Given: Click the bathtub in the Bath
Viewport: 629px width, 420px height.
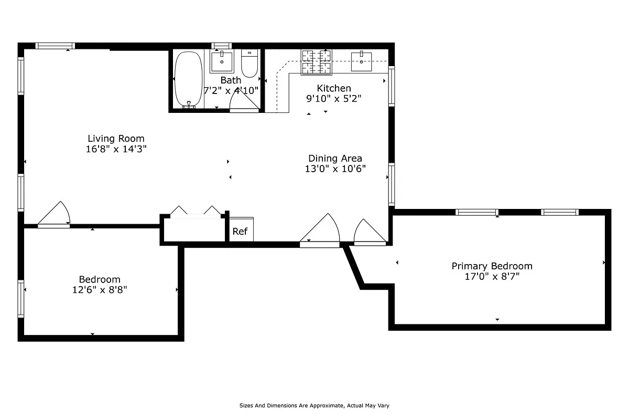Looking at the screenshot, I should [188, 79].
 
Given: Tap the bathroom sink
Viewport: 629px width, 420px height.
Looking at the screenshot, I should [222, 61].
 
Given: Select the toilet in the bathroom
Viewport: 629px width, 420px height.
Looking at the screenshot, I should [249, 63].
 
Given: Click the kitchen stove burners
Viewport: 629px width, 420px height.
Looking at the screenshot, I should [317, 61].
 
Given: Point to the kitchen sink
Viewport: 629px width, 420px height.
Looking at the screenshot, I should [362, 61].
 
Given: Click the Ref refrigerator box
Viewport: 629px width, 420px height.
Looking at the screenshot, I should [240, 231].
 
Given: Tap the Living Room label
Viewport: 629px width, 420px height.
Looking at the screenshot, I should [116, 139].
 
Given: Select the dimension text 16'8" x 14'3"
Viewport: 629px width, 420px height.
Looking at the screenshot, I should [116, 149].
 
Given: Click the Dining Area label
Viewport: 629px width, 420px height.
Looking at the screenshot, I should [335, 158].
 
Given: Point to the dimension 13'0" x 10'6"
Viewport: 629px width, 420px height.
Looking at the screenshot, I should [335, 169].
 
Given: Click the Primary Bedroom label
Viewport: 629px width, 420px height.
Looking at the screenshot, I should [492, 266].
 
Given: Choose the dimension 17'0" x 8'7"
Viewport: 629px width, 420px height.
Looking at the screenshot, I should [492, 277].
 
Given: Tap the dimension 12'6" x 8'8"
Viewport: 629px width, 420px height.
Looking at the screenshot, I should [100, 289].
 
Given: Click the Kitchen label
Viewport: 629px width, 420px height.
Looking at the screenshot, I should [334, 88].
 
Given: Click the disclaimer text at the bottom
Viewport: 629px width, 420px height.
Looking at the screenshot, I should [314, 405].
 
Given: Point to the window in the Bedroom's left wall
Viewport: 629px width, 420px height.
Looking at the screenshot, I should [21, 299].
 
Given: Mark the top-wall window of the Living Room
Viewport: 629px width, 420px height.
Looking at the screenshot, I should [55, 46].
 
